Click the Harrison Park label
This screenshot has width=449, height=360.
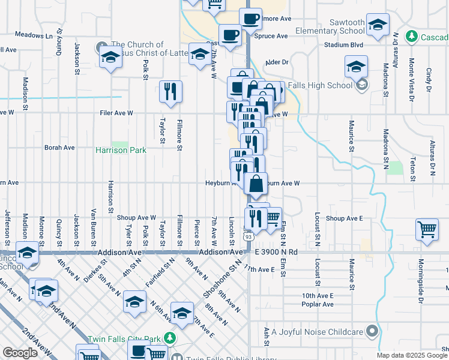[121, 150]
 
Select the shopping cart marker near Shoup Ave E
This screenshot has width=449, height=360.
[427, 230]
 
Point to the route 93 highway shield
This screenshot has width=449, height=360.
[248, 237]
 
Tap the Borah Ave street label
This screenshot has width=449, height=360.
[59, 147]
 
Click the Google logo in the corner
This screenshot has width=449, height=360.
[20, 353]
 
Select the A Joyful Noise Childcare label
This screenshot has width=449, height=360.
[317, 331]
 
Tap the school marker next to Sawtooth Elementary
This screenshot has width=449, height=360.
[378, 25]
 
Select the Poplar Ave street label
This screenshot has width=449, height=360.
[318, 304]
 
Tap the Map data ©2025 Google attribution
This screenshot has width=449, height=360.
[412, 355]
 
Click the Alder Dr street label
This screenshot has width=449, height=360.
[277, 62]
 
